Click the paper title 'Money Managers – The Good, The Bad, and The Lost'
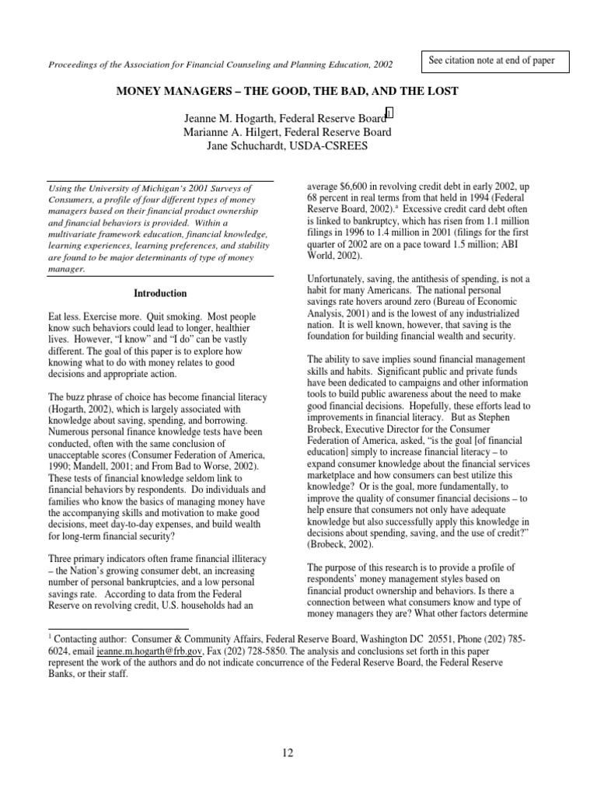(287, 92)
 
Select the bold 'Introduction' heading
(160, 294)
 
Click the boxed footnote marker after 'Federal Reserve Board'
(389, 115)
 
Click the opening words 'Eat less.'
(68, 318)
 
